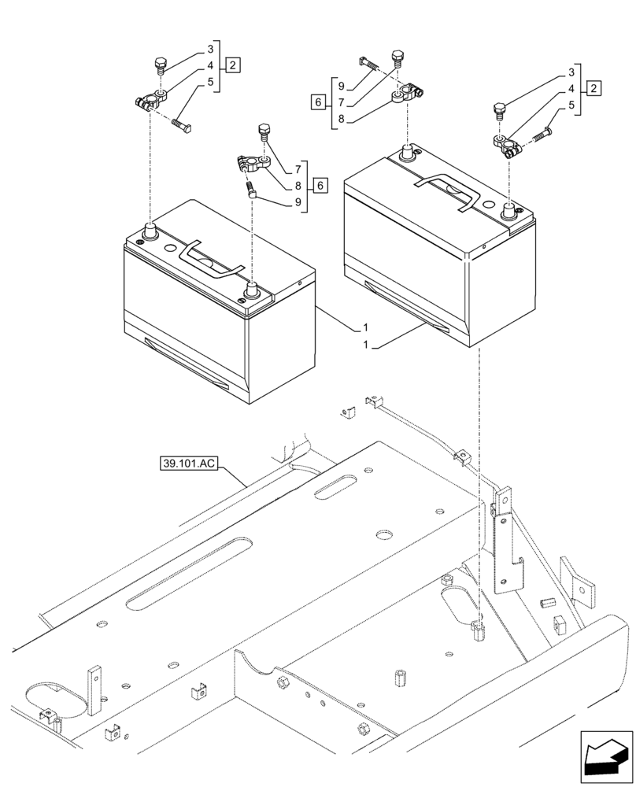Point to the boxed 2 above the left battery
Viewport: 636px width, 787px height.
(x=234, y=65)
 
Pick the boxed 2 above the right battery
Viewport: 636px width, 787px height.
(x=594, y=87)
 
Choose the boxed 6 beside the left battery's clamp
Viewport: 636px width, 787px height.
(x=320, y=186)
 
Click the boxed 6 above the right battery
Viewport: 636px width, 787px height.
(x=317, y=102)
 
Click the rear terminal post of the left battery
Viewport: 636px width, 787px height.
(x=149, y=231)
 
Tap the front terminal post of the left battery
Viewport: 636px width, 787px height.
(x=253, y=287)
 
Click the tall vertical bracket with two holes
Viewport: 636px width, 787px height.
(x=501, y=542)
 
